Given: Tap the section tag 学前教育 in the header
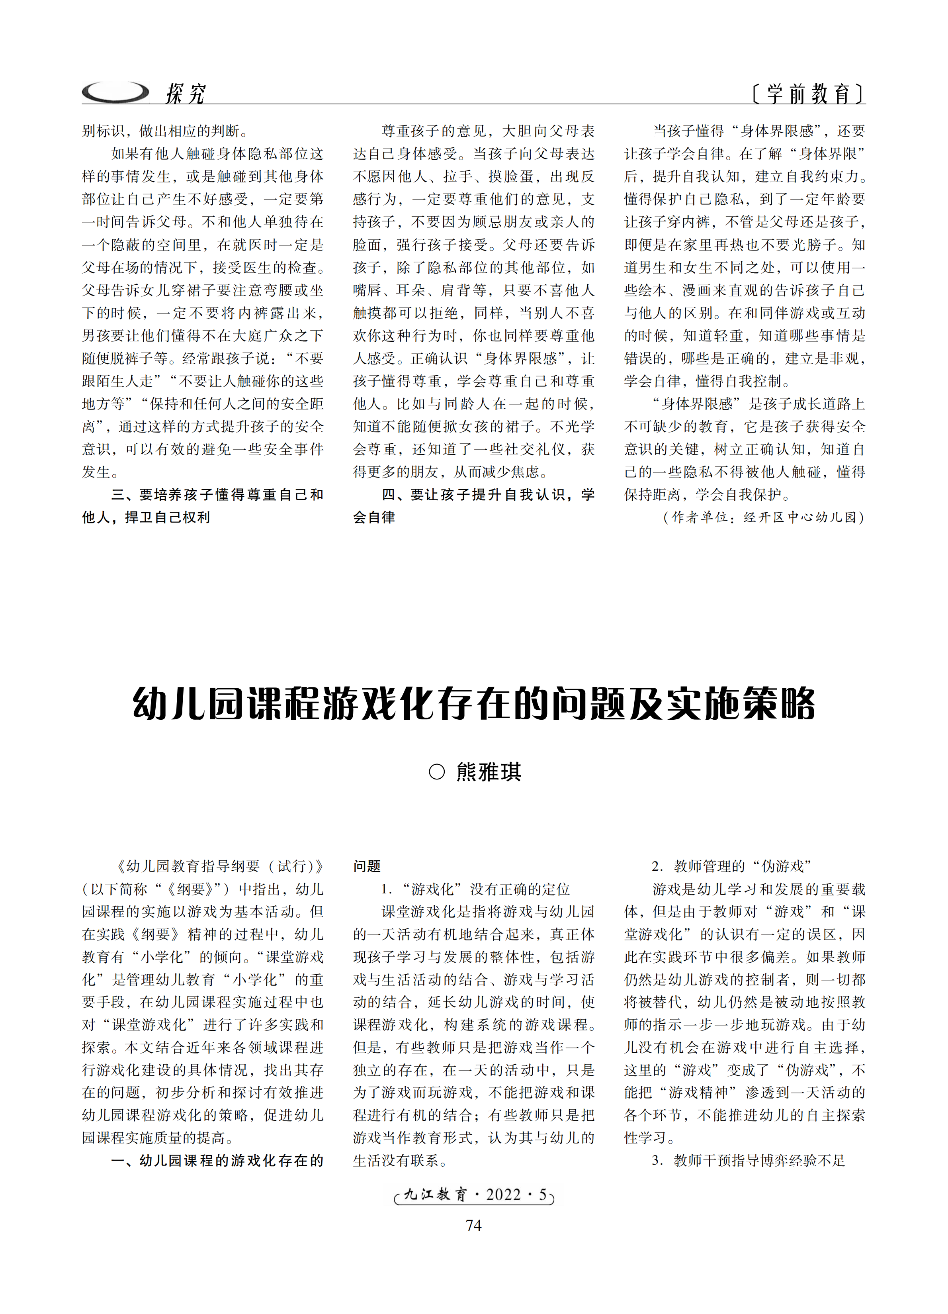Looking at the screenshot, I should pos(808,93).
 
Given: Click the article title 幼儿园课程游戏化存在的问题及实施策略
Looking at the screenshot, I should pos(474,704).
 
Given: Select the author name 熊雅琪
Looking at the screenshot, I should pos(489,772).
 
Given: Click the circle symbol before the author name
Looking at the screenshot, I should pos(437,772).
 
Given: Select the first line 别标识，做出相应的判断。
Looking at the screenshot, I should pos(166,131).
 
